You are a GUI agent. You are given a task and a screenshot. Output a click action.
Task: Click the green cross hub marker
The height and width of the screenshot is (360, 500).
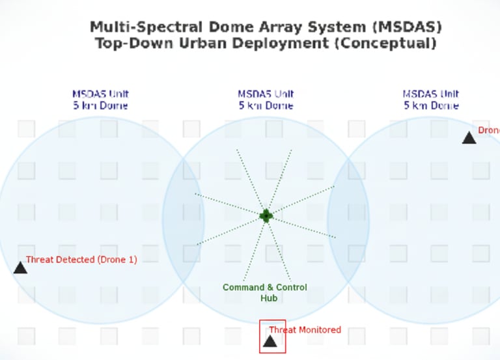pos(266,215)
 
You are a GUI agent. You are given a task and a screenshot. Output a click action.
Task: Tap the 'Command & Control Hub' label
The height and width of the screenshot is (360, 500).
pos(264,292)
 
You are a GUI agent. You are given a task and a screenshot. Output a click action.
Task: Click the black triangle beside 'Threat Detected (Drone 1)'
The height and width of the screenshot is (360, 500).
pos(20,268)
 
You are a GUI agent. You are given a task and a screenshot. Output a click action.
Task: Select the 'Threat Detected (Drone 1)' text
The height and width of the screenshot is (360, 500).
pos(81,260)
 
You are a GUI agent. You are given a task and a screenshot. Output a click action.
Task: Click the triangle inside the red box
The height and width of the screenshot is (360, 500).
pos(270,340)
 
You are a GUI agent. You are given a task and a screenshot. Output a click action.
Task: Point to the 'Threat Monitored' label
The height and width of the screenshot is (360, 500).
pos(305,330)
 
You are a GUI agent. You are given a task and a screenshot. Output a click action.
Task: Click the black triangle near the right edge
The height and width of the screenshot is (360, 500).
pos(469,137)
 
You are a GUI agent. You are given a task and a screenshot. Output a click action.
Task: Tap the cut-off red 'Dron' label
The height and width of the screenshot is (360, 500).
pos(488,130)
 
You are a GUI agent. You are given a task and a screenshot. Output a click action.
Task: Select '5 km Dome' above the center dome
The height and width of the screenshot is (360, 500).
pos(266,105)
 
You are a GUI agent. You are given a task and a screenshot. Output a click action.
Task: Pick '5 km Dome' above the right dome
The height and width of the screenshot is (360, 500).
pos(431,105)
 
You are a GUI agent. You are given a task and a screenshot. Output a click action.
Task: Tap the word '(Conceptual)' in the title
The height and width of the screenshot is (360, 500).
pos(395,44)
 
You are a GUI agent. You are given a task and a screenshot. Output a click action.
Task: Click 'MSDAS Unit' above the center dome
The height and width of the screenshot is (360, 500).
pos(266,94)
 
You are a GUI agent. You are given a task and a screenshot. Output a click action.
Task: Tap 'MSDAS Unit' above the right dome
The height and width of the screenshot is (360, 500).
pos(431,94)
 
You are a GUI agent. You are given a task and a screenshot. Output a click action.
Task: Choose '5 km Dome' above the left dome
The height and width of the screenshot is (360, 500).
pos(100,105)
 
